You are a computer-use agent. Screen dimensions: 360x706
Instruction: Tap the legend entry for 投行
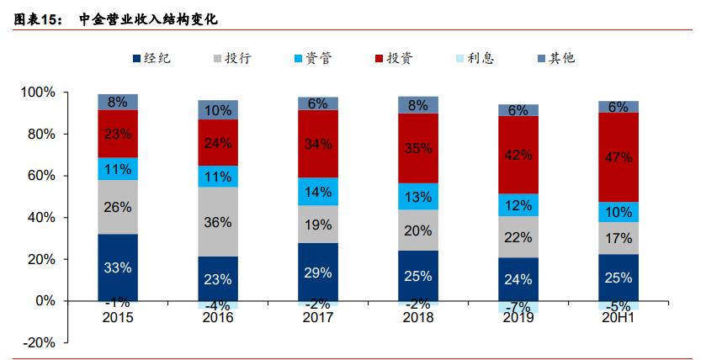point(231,59)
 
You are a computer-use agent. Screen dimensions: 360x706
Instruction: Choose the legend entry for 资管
point(311,59)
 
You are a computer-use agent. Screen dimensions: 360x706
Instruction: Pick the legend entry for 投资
point(392,59)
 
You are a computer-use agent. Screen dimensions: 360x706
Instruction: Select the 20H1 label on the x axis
point(618,317)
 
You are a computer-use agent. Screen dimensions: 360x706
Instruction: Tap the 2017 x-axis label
point(318,317)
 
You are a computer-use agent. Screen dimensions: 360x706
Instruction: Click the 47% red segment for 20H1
point(618,157)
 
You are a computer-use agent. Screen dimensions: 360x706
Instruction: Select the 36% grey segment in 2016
point(218,221)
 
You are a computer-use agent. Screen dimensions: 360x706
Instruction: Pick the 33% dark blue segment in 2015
point(118,267)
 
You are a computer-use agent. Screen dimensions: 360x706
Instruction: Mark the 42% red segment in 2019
point(518,155)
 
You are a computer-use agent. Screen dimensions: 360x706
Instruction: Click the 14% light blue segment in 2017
point(318,191)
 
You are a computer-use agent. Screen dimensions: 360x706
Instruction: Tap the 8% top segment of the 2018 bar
point(418,105)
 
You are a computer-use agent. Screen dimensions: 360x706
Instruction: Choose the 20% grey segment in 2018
point(418,230)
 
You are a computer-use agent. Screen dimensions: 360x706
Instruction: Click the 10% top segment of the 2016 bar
point(218,109)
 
